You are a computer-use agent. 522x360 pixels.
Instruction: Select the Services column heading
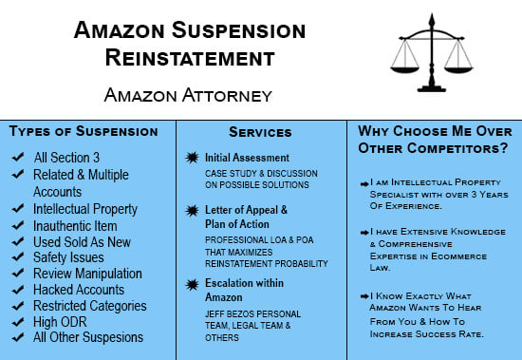point(261,133)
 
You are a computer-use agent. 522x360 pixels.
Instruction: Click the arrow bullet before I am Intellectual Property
point(364,180)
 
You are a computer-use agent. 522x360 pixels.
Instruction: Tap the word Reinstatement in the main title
point(190,57)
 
